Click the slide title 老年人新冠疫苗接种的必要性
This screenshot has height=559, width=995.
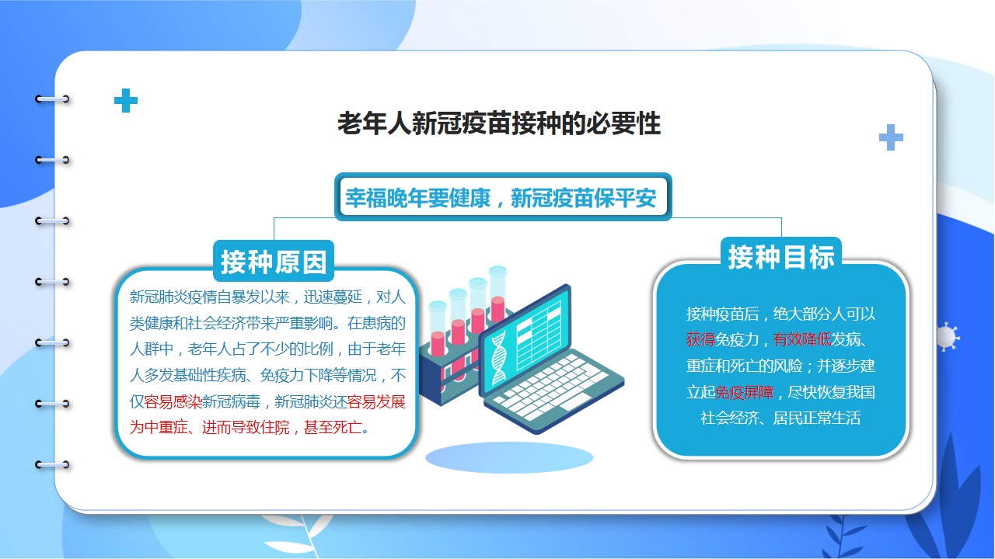click(499, 123)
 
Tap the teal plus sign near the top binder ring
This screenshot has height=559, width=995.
click(126, 100)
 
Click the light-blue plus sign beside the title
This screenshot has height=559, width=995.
click(891, 137)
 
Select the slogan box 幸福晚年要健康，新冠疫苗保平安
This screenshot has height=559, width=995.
click(503, 197)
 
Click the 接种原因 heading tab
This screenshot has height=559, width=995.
click(274, 262)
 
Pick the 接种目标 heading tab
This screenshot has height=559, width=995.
click(781, 257)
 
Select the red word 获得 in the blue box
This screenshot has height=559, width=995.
click(700, 340)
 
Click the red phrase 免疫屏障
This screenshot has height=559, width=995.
click(745, 392)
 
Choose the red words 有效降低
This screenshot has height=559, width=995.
click(802, 340)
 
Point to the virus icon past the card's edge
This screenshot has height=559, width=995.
click(947, 336)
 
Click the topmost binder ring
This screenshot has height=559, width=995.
click(52, 99)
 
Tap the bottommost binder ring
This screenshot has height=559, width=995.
click(52, 464)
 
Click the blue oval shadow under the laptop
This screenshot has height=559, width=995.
click(509, 457)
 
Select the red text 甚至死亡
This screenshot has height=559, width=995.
click(333, 428)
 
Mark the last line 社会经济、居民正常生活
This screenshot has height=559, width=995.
click(780, 418)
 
